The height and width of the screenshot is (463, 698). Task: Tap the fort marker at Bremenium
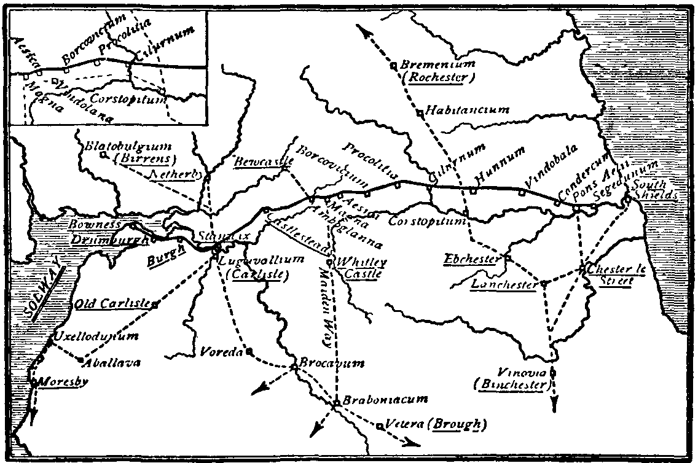pyautogui.click(x=393, y=66)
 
